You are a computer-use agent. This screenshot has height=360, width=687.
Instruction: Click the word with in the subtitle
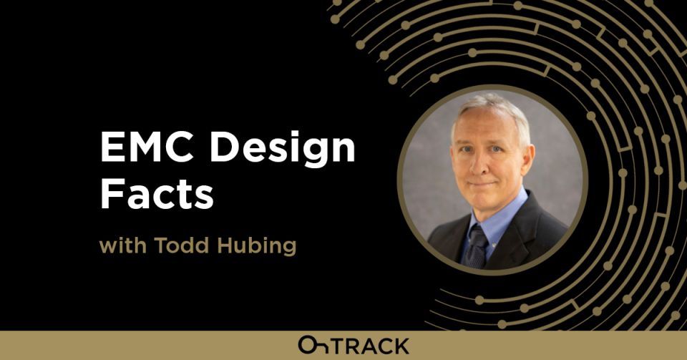pos(120,245)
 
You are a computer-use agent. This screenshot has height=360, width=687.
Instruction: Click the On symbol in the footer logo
pos(312,344)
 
